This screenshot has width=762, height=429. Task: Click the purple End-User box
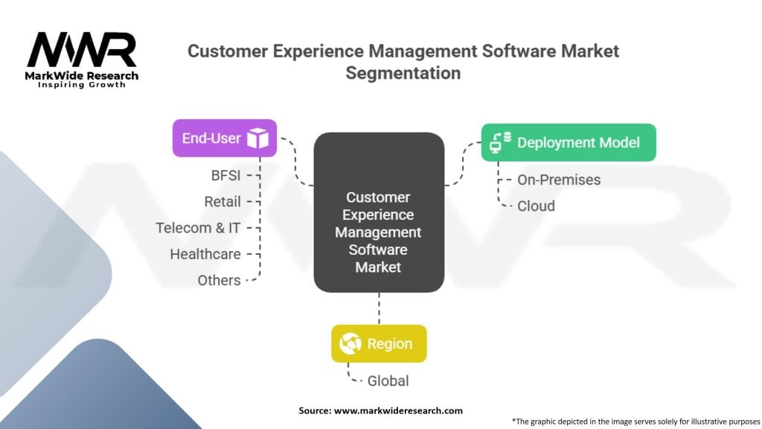point(225,138)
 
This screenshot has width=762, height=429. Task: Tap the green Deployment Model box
point(569,142)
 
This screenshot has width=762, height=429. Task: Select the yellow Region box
point(379,344)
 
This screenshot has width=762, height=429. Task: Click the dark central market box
point(379,212)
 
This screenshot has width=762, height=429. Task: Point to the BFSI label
point(225,175)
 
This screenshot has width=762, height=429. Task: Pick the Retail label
point(222,201)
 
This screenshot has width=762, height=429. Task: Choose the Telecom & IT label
point(198,228)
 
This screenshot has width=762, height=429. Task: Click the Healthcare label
point(205,254)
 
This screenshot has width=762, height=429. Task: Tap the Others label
point(219,280)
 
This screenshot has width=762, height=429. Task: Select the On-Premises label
point(559,180)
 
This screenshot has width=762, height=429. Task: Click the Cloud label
point(536,206)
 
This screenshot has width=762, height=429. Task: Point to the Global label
point(388,381)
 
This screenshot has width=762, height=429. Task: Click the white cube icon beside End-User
point(257,138)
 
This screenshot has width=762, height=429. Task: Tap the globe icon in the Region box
point(350,344)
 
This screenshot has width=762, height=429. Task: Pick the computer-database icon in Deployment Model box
point(500,142)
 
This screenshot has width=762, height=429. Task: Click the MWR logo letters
point(82,50)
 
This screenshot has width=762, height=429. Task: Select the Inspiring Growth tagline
point(82,85)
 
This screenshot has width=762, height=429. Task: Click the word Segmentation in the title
point(403,73)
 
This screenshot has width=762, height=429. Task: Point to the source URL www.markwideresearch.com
point(398,410)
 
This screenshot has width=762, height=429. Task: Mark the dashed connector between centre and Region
point(379,309)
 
